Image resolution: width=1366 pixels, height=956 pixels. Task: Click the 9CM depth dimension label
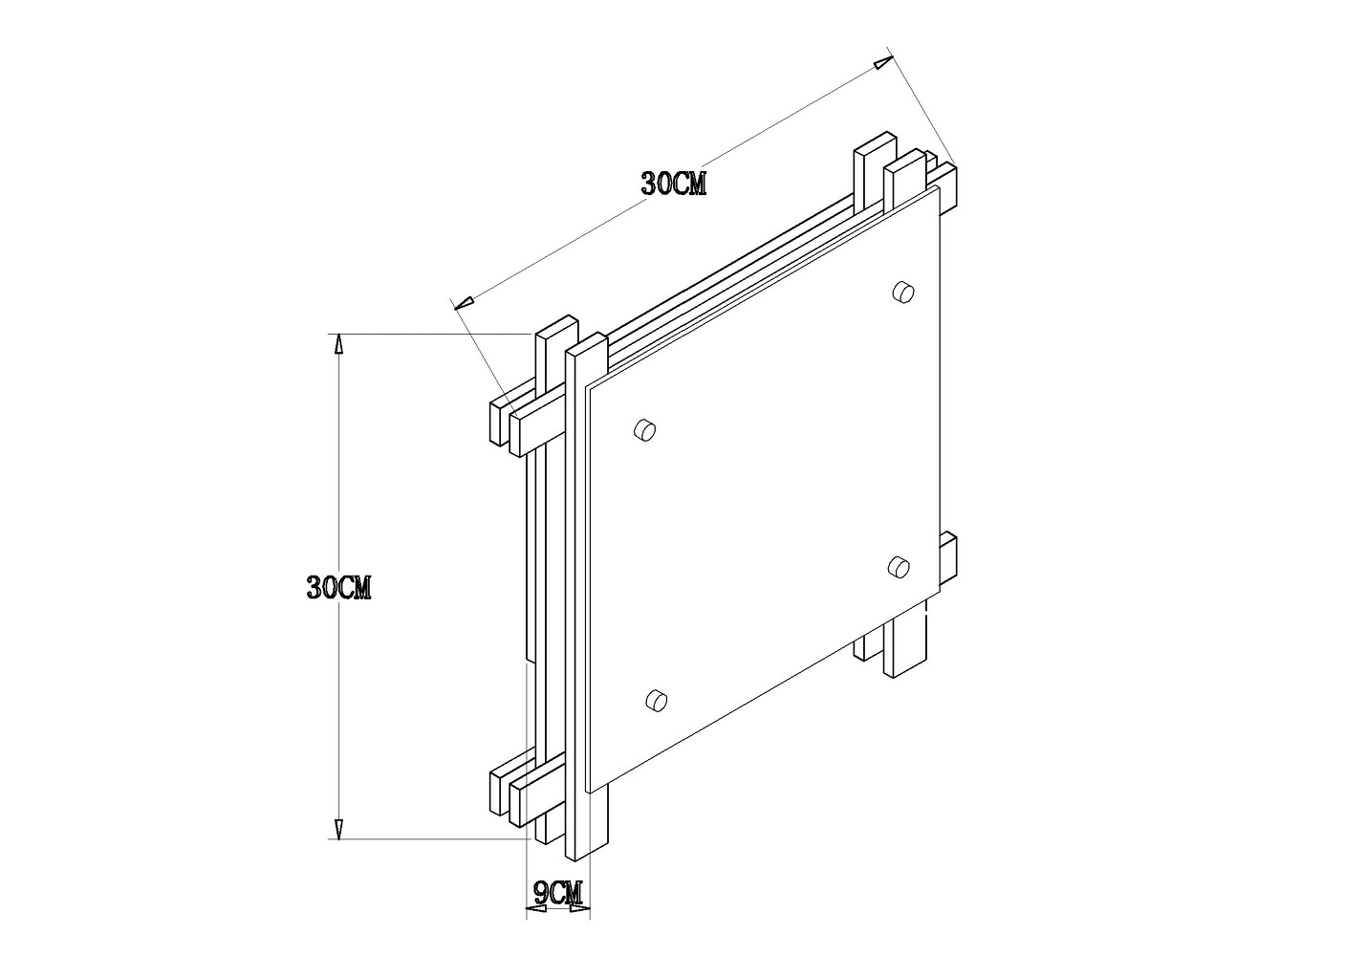[x=558, y=894]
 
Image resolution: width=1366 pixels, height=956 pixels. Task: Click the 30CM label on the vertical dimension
[x=339, y=587]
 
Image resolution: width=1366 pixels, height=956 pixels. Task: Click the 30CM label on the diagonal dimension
[x=673, y=183]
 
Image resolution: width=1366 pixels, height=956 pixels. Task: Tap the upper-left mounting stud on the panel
[x=644, y=430]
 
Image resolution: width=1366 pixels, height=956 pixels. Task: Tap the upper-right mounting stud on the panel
[x=902, y=291]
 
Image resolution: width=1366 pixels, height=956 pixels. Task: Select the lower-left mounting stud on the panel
[x=656, y=700]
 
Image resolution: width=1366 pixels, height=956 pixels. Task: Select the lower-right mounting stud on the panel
[x=899, y=567]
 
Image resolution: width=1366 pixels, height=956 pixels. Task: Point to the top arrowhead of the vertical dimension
[x=339, y=344]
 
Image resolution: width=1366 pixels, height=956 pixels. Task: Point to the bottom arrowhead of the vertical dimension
[x=339, y=829]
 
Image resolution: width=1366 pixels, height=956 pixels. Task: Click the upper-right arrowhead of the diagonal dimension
[x=883, y=63]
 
